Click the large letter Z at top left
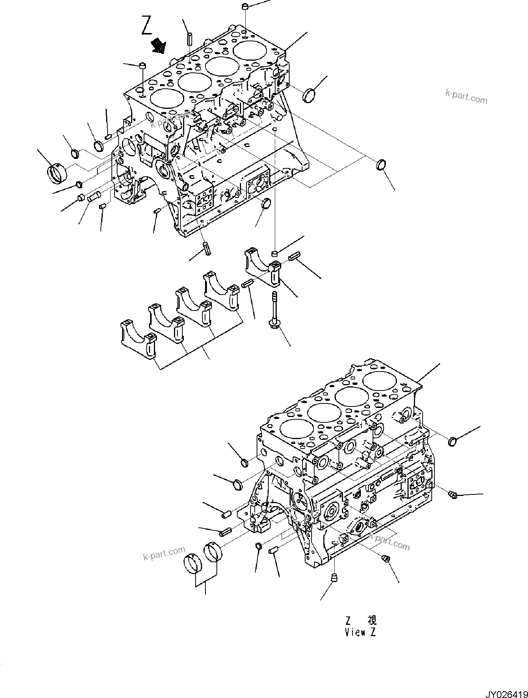click(x=147, y=26)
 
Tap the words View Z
click(x=360, y=632)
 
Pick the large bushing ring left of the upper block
click(x=58, y=173)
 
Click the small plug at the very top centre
click(x=245, y=6)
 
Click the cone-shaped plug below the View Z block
click(x=334, y=578)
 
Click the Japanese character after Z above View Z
click(x=372, y=621)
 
